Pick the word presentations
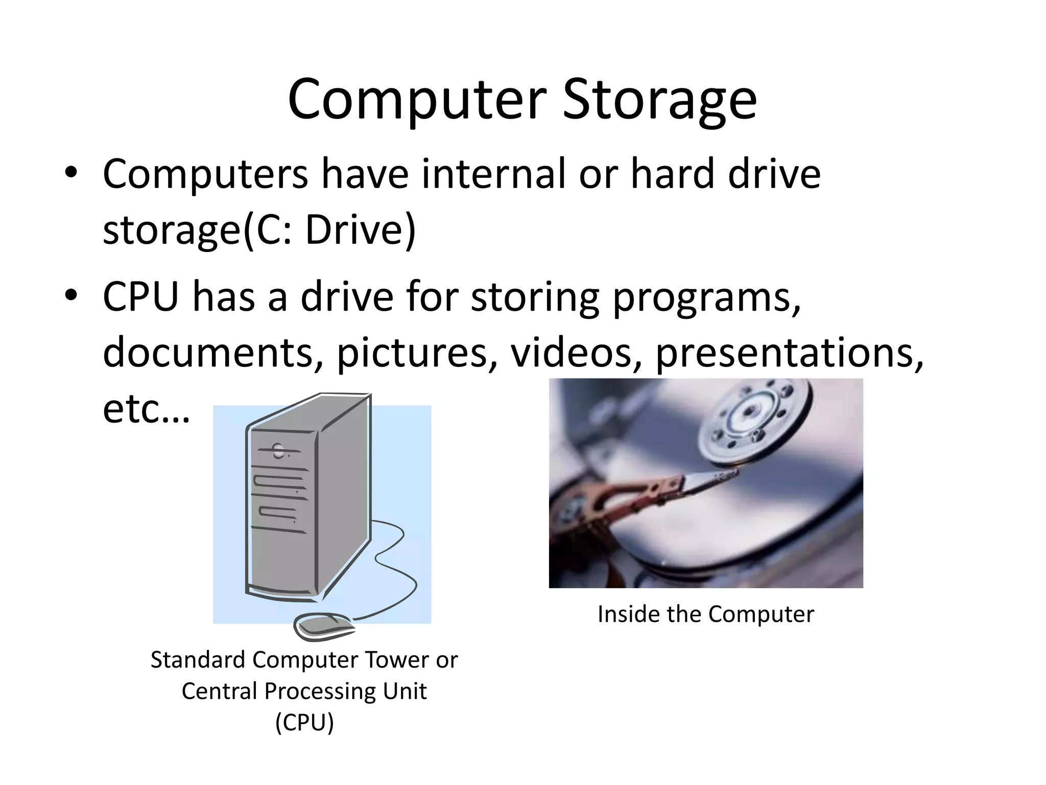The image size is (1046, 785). tap(789, 353)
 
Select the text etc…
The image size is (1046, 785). tap(146, 409)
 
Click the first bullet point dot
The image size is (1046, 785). tap(71, 173)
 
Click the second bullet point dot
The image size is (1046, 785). tap(71, 295)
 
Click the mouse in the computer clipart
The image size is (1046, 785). tap(324, 626)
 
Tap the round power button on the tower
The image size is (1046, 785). tap(278, 451)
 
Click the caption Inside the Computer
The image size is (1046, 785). tap(705, 614)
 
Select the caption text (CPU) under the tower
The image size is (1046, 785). tap(304, 723)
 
